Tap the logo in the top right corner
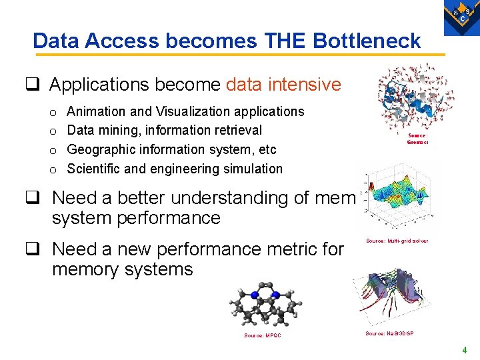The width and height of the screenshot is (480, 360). click(461, 15)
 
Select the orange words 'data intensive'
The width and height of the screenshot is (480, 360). click(283, 85)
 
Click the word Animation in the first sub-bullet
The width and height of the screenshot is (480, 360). click(95, 111)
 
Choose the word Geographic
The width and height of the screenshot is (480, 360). click(101, 149)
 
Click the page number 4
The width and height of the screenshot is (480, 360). click(465, 350)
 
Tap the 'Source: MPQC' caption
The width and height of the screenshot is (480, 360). click(262, 335)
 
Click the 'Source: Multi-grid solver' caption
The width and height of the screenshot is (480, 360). click(397, 241)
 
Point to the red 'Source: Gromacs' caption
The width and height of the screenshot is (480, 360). click(418, 138)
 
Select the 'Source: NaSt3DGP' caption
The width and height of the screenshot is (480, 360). click(389, 333)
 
